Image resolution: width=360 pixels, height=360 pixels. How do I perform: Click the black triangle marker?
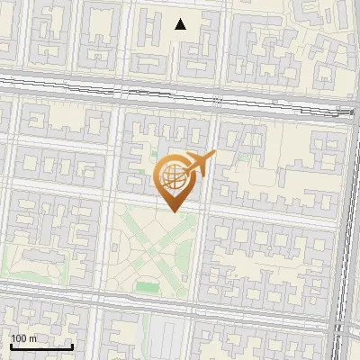[181, 24]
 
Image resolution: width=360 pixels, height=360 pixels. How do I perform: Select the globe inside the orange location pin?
[175, 177]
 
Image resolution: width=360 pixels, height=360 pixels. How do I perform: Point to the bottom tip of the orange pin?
[175, 212]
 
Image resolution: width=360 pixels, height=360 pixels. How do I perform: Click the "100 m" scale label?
[24, 338]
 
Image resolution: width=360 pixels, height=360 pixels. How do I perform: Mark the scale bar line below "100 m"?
[41, 346]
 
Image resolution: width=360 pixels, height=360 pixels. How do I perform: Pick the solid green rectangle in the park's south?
[148, 288]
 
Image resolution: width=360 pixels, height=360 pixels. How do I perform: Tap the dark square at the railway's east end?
[348, 112]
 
